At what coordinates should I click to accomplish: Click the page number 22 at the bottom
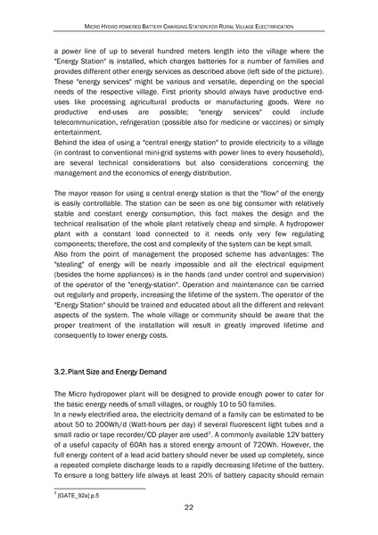(x=189, y=507)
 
